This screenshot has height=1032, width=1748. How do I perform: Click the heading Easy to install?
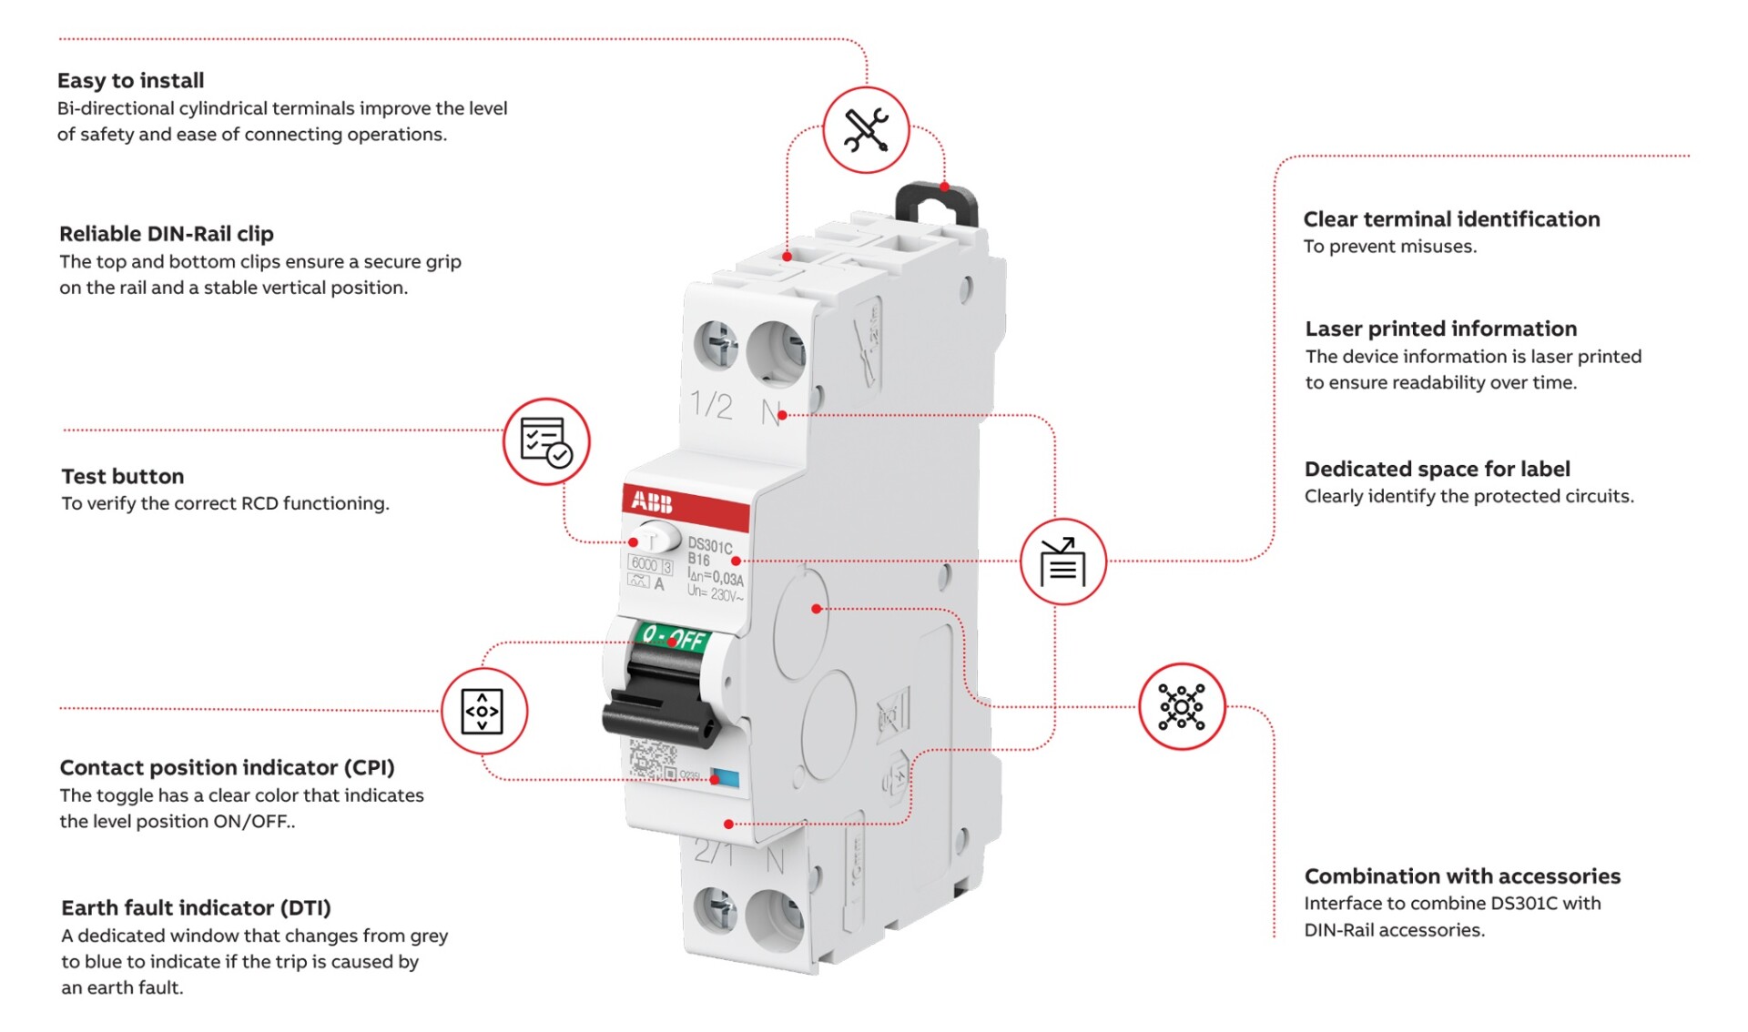(x=130, y=80)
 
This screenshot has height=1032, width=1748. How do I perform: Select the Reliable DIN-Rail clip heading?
(x=166, y=234)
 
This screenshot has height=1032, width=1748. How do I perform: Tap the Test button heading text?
(x=122, y=476)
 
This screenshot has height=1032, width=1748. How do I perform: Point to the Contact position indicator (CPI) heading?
(x=227, y=767)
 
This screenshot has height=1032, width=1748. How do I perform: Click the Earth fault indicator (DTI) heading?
(x=196, y=907)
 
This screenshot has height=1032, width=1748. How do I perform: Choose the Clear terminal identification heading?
(x=1451, y=219)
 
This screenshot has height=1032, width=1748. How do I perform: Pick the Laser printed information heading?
(x=1440, y=329)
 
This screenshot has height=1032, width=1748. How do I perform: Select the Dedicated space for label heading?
(x=1437, y=469)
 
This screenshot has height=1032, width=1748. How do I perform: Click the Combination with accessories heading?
(x=1462, y=875)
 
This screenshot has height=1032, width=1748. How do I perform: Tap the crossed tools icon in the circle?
(x=866, y=130)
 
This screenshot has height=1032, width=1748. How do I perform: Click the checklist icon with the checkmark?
(x=546, y=441)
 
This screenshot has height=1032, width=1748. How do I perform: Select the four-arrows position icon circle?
(x=483, y=711)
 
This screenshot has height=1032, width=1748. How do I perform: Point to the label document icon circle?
(x=1062, y=562)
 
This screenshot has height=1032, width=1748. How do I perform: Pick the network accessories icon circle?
(x=1182, y=706)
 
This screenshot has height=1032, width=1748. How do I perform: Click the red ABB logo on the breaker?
(x=652, y=501)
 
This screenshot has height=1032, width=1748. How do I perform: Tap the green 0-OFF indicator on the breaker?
(x=674, y=636)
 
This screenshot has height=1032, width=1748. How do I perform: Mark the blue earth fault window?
(x=726, y=778)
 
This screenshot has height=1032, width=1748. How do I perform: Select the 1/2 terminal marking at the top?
(x=711, y=404)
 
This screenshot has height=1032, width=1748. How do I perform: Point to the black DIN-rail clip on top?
(x=937, y=201)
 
